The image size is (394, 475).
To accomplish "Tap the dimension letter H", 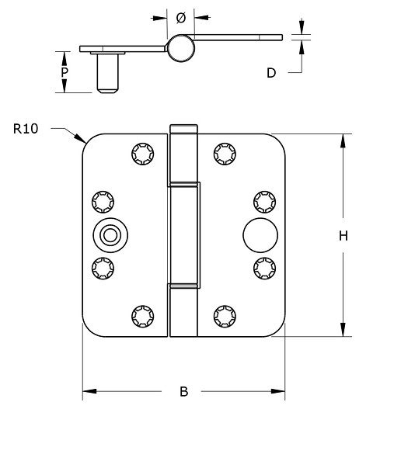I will pyautogui.click(x=342, y=236).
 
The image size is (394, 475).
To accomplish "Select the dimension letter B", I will pyautogui.click(x=184, y=392).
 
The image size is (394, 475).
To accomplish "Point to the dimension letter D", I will pyautogui.click(x=271, y=73).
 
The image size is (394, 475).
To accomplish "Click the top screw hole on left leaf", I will pyautogui.click(x=142, y=154).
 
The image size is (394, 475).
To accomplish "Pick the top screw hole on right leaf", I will pyautogui.click(x=224, y=154).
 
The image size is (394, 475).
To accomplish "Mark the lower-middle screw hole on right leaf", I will pyautogui.click(x=263, y=268).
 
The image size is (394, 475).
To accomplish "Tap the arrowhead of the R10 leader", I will pyautogui.click(x=83, y=143).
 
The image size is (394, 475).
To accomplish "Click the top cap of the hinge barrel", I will pyautogui.click(x=183, y=128).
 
